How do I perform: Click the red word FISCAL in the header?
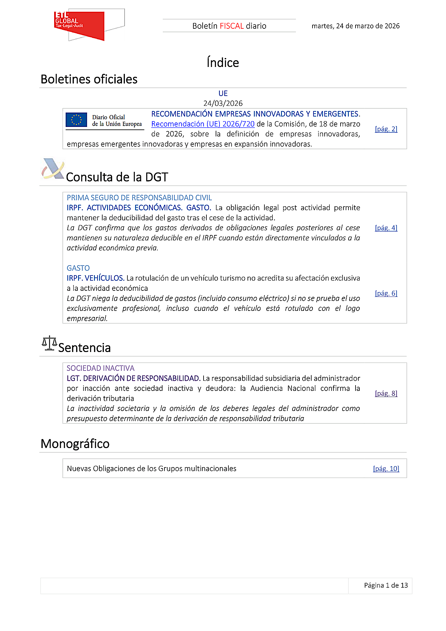click(232, 26)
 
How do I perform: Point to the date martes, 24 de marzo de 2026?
click(356, 26)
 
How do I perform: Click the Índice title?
click(223, 62)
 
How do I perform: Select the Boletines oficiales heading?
click(89, 79)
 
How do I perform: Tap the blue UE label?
click(223, 93)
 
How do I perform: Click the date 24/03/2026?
click(223, 103)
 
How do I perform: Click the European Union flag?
click(76, 120)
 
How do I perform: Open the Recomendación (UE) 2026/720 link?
click(203, 124)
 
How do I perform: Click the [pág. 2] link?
click(386, 129)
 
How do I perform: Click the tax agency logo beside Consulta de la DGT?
click(53, 169)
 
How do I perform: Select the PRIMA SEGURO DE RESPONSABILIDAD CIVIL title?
click(139, 198)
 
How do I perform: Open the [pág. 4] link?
click(386, 228)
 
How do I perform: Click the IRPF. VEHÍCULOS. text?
click(95, 278)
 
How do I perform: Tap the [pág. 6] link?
click(386, 293)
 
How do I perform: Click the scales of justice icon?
click(49, 343)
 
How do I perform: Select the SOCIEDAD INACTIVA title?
click(101, 368)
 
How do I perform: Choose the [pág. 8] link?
click(386, 393)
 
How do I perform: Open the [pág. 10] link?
click(386, 468)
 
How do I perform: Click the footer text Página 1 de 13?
click(386, 585)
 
